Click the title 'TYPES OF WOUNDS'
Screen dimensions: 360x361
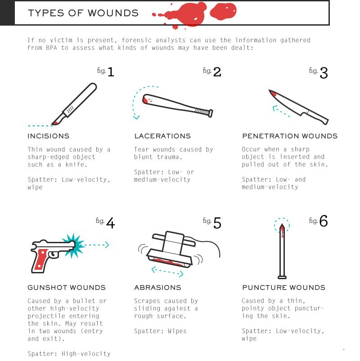(x=83, y=13)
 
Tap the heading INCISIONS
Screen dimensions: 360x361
(x=49, y=136)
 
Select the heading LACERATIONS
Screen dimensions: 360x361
(x=162, y=136)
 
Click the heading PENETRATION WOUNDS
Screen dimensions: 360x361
(x=290, y=136)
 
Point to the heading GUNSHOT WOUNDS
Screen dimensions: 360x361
(x=67, y=288)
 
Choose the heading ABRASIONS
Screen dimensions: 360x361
(x=157, y=288)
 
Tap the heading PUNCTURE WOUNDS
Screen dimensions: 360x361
(x=283, y=288)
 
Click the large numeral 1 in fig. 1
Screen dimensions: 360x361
(x=111, y=72)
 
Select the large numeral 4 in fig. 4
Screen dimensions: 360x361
(x=111, y=223)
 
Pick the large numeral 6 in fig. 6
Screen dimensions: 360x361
(x=324, y=221)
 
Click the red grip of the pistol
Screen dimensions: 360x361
(x=41, y=259)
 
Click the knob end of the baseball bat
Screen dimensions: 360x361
(x=211, y=113)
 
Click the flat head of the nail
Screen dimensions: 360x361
(x=282, y=277)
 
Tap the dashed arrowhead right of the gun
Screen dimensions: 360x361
(x=107, y=245)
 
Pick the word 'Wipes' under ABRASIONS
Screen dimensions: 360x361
(x=177, y=331)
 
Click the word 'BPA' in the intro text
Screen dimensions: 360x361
(x=51, y=48)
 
